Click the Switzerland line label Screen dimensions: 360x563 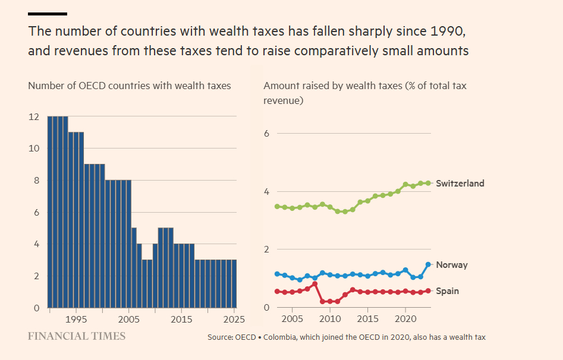pyautogui.click(x=460, y=184)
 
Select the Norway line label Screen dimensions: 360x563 pyautogui.click(x=451, y=265)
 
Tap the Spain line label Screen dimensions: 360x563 pyautogui.click(x=447, y=291)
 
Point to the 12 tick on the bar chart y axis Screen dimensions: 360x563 pyautogui.click(x=34, y=117)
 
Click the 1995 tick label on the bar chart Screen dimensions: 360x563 pyautogui.click(x=76, y=320)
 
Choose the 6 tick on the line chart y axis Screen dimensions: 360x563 pyautogui.click(x=267, y=133)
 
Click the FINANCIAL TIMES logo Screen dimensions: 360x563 pyautogui.click(x=77, y=336)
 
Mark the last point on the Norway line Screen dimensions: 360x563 pyautogui.click(x=428, y=264)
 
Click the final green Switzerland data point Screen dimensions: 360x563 pyautogui.click(x=428, y=183)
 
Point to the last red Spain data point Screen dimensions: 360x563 pyautogui.click(x=428, y=291)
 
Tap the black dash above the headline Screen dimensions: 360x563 pyautogui.click(x=48, y=13)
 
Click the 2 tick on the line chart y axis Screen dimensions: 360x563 pyautogui.click(x=267, y=250)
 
